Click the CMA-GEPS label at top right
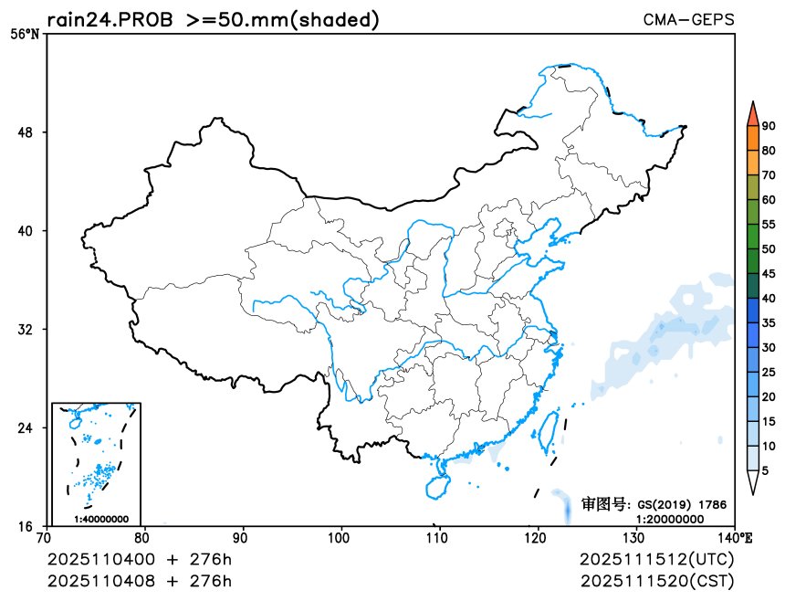[688, 19]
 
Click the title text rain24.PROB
[110, 19]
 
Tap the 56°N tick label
[26, 35]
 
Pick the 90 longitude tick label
[243, 537]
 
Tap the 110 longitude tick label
[439, 537]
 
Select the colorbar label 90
[769, 126]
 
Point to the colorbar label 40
[769, 298]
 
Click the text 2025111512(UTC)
[656, 559]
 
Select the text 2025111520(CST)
[656, 580]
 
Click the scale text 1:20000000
[669, 518]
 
